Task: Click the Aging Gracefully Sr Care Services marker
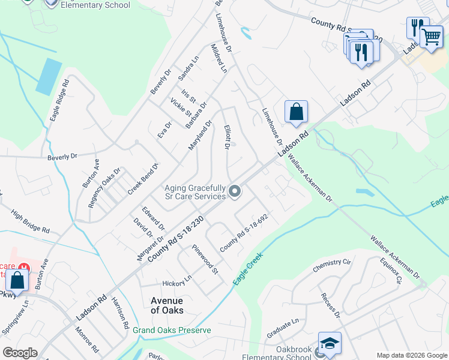click(x=235, y=192)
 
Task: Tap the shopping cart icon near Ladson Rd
click(x=431, y=37)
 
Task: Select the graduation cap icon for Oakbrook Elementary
click(x=330, y=343)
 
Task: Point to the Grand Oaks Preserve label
click(x=172, y=331)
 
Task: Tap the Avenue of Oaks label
click(x=167, y=305)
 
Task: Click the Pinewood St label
click(x=205, y=260)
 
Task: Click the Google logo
click(x=19, y=353)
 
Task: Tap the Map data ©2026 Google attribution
click(x=412, y=355)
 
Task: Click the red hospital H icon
click(x=24, y=268)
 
